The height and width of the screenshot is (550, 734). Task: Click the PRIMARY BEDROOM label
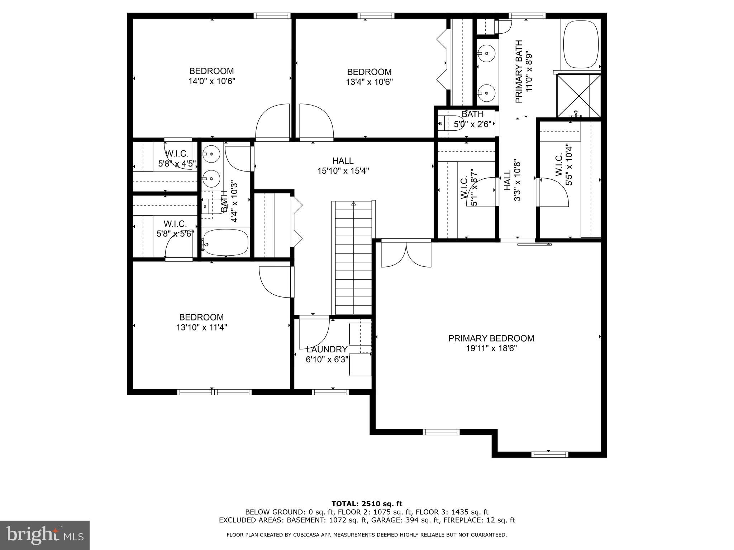pos(491,338)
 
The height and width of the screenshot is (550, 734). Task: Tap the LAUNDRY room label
pos(327,349)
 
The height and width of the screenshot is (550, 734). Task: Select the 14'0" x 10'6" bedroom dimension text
pos(212,81)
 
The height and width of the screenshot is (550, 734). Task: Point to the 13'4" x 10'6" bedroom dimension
pos(369,82)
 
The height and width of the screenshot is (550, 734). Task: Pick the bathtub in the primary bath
pos(581,44)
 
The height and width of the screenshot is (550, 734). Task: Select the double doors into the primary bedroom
pos(406,254)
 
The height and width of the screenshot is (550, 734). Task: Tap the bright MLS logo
pos(45,535)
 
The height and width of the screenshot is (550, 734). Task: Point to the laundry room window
pos(330,392)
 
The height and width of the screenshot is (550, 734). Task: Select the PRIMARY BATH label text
pos(519,72)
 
